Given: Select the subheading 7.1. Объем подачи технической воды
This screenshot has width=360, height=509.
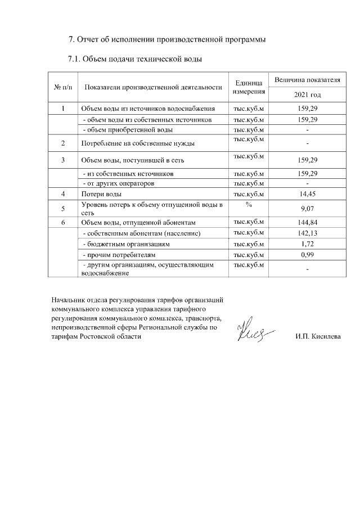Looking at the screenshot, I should coord(134,59).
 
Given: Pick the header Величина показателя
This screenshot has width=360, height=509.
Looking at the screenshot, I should coord(308,80).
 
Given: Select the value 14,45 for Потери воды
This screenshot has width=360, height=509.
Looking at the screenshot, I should coord(308,194).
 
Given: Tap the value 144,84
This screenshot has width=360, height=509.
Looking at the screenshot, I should coord(308,223).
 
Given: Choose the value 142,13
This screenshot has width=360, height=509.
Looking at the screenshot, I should coord(308,233).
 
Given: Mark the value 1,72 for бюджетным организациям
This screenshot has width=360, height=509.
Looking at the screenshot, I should coord(308,245).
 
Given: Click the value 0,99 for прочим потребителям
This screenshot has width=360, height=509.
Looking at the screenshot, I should coord(308,255).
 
